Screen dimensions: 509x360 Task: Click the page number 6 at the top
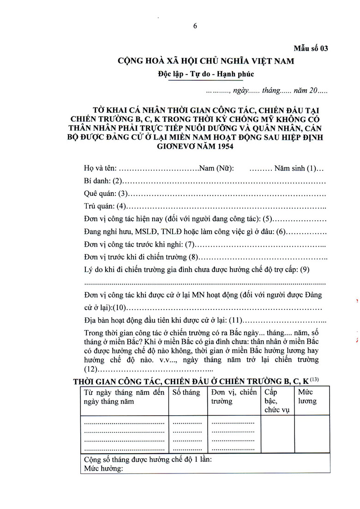[x=195, y=26]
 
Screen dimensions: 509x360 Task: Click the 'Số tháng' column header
[x=186, y=393]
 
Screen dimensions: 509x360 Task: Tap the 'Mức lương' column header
[x=307, y=396]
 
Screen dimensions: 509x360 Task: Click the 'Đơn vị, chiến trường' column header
[x=233, y=397]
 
